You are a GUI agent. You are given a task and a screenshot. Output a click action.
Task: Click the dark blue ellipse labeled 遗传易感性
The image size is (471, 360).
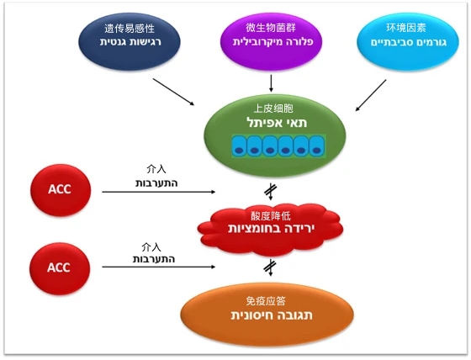pos(130,41)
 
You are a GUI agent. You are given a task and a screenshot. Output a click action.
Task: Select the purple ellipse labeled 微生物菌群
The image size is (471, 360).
pos(271,41)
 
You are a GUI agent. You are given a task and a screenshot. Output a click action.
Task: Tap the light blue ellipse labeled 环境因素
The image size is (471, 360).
pos(408,41)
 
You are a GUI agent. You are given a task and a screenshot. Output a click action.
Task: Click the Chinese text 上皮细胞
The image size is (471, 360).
pos(273,109)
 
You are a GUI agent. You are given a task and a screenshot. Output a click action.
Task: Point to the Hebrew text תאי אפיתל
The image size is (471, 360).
pos(277,123)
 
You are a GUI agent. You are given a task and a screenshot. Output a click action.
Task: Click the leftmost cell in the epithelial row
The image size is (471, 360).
pos(239,146)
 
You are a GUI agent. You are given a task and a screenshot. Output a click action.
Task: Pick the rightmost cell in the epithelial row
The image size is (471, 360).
pos(316,146)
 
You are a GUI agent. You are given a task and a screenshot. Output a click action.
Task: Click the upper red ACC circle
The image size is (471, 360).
pos(61,190)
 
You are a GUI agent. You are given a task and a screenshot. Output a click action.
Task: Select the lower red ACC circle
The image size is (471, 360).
pos(60,268)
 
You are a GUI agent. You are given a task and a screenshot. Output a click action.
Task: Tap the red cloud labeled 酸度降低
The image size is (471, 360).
pos(270,229)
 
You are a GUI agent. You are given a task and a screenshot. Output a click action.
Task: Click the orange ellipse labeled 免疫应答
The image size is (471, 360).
pos(267,315)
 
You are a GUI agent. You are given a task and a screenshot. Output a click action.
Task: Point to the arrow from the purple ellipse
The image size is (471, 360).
pos(271,83)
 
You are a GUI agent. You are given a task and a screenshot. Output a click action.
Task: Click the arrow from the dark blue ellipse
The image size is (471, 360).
pos(173,92)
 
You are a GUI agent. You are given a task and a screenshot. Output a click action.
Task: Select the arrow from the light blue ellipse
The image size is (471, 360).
pos(371,95)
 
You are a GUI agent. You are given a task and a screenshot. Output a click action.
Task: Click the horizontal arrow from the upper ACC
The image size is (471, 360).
pos(159,192)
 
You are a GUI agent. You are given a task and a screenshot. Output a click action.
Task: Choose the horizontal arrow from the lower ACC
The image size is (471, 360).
pos(159,267)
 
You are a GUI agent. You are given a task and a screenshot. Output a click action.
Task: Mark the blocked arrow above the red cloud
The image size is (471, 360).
pos(271,192)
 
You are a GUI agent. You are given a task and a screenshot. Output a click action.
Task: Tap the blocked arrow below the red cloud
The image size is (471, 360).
pos(270,267)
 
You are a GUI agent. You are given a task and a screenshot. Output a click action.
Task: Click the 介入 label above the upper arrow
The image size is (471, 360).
pos(156,169)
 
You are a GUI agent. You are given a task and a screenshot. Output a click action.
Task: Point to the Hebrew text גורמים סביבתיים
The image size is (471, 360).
pos(409,42)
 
